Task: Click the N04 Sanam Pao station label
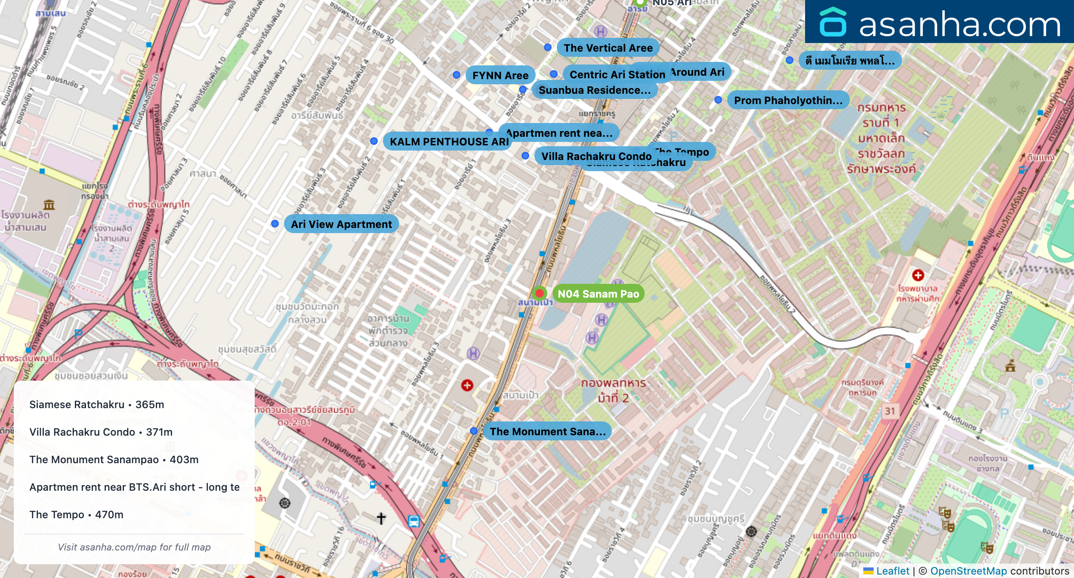tap(598, 294)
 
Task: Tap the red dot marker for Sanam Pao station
tap(539, 293)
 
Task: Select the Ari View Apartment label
tap(341, 224)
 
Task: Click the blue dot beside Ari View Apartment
tap(275, 224)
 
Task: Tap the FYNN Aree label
tap(500, 75)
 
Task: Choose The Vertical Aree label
tap(608, 48)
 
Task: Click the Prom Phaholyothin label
tap(788, 100)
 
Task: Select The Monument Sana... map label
tap(547, 431)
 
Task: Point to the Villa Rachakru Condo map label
tap(596, 156)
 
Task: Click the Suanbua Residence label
tap(594, 90)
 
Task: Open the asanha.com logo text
tap(960, 25)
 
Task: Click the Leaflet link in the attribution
tap(892, 571)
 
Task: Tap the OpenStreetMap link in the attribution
tap(968, 571)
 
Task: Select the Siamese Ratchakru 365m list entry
tap(97, 405)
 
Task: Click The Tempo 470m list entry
tap(77, 515)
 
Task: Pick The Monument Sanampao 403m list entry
tap(114, 460)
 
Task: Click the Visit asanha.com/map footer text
tap(134, 547)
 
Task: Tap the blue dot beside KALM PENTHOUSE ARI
tap(374, 141)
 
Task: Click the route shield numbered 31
tap(890, 411)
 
